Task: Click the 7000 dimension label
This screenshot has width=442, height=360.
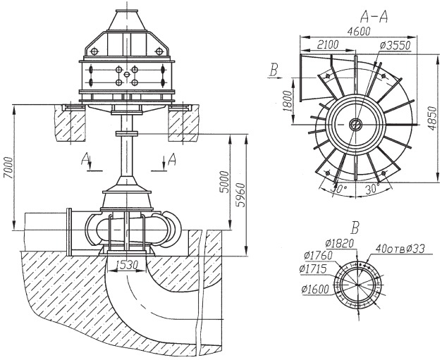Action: [8, 168]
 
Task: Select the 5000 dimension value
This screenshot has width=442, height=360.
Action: [225, 182]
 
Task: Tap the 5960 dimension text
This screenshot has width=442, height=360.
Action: [240, 195]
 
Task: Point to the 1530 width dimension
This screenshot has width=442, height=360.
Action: [127, 264]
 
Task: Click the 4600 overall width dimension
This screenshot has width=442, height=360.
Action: [359, 31]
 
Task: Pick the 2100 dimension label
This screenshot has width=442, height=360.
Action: [328, 45]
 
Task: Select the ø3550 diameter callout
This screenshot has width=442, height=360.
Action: [395, 45]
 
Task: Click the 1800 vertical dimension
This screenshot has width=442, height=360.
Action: [288, 101]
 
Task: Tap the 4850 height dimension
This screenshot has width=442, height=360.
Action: [431, 118]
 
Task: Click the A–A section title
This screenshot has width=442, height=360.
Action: [374, 17]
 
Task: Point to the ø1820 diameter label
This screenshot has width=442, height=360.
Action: [339, 243]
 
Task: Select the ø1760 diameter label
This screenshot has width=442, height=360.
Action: [318, 256]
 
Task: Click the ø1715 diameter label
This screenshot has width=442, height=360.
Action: [313, 269]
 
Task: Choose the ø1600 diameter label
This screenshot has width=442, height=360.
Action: [315, 290]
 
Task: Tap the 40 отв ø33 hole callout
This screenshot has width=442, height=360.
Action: [400, 249]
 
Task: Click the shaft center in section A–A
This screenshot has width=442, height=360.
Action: [356, 124]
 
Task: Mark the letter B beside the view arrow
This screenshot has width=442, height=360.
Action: [274, 70]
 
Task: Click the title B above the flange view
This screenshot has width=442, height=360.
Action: [355, 228]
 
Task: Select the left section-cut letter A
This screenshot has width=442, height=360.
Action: [85, 159]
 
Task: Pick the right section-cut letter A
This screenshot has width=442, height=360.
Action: [172, 159]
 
